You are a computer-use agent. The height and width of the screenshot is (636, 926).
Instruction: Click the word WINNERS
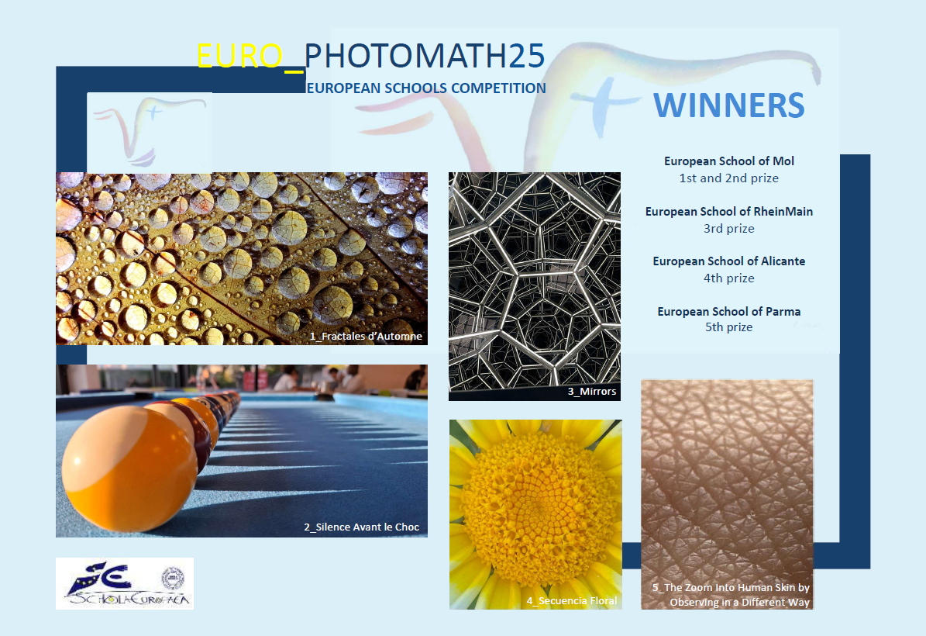click(728, 105)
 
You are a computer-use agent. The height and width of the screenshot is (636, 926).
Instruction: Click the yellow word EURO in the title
click(239, 56)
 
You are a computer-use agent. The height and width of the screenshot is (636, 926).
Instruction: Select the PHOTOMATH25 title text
click(424, 56)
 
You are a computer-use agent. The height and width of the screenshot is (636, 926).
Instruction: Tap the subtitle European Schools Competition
click(425, 88)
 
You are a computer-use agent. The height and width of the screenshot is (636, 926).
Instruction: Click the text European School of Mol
click(728, 161)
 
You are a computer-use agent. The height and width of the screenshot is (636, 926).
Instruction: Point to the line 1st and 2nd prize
click(728, 178)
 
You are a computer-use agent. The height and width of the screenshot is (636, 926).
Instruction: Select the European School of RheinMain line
click(728, 211)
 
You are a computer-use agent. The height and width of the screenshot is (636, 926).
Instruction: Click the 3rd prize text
click(728, 228)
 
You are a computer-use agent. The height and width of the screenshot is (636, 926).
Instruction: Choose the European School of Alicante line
click(728, 261)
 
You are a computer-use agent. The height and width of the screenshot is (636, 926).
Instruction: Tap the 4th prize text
click(728, 278)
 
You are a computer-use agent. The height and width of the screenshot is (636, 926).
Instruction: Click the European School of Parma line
click(728, 311)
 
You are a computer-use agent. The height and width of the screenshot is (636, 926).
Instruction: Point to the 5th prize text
click(728, 327)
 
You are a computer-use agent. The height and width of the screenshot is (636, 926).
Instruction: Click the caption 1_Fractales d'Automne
click(367, 337)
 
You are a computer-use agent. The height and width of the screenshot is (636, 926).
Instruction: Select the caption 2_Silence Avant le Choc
click(361, 527)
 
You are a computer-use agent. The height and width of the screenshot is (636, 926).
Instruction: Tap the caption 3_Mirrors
click(592, 391)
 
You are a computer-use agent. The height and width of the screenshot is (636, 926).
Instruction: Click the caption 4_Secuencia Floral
click(572, 600)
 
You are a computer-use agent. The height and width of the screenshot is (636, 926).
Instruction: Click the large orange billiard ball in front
click(129, 469)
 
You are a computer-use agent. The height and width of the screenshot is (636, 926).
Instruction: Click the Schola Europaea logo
click(125, 583)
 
